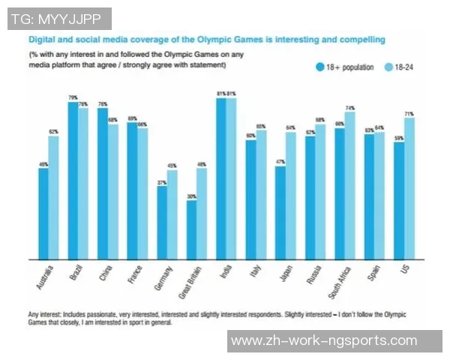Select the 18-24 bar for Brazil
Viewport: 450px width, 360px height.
[82, 184]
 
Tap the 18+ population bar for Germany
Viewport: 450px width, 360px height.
[161, 222]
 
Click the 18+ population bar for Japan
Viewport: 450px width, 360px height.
[280, 212]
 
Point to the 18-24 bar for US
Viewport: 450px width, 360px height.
[408, 188]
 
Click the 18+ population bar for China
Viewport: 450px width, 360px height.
[102, 184]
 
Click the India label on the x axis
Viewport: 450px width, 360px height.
[223, 274]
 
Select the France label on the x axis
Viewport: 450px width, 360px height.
[130, 276]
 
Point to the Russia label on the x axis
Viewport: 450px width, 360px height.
[310, 276]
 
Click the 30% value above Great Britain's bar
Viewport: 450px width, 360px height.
[191, 196]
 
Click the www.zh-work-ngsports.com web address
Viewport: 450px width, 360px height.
[324, 341]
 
